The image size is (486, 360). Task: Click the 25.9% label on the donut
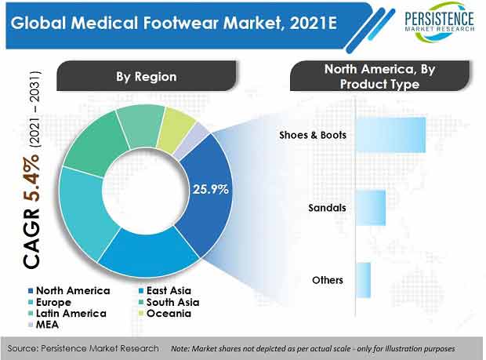point(211,189)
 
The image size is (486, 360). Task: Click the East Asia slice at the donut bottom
point(149,253)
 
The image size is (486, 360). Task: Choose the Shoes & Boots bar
point(390,135)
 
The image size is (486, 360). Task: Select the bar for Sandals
point(371,208)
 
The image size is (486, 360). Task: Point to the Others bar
point(363,280)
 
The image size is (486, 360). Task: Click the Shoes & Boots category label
point(313,135)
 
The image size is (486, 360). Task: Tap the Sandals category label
point(327,208)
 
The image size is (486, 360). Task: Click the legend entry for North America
point(69,291)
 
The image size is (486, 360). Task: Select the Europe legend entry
point(49,302)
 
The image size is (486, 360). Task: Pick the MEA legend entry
point(43,325)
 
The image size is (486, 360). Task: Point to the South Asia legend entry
point(169,302)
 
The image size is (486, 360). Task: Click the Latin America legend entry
point(67,314)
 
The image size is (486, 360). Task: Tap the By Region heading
point(147,77)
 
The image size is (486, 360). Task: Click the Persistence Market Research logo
point(439,22)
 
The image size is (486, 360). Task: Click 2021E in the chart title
point(313,23)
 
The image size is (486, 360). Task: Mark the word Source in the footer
point(22,348)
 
